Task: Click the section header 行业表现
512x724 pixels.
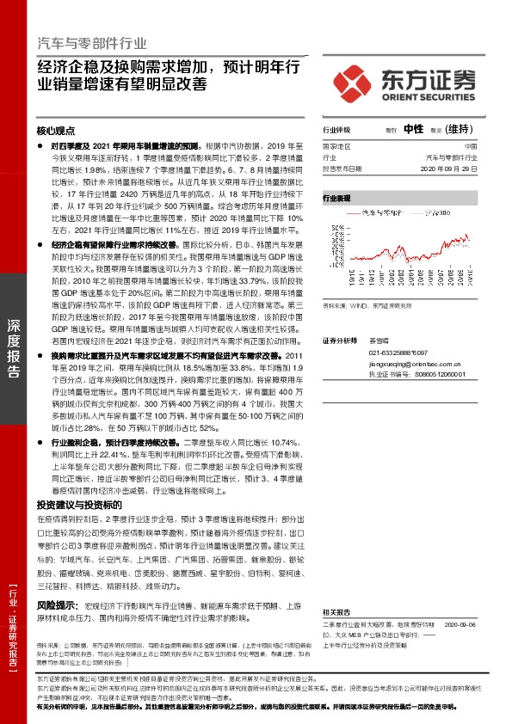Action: click(336, 198)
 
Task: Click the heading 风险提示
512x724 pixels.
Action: click(55, 606)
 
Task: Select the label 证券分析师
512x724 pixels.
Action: click(339, 341)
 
